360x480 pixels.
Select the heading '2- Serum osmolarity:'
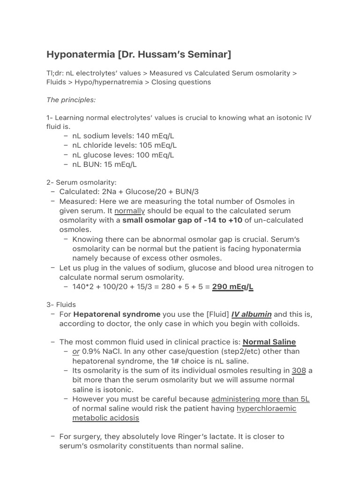click(81, 182)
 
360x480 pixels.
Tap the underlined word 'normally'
click(130, 211)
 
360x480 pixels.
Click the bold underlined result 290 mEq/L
click(232, 287)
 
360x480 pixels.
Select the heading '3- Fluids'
click(61, 304)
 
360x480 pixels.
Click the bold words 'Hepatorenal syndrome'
click(117, 314)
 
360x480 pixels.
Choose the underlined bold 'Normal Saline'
click(269, 342)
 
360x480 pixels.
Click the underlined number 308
click(299, 370)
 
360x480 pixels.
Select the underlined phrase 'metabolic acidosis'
click(105, 418)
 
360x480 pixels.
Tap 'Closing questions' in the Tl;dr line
click(181, 82)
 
